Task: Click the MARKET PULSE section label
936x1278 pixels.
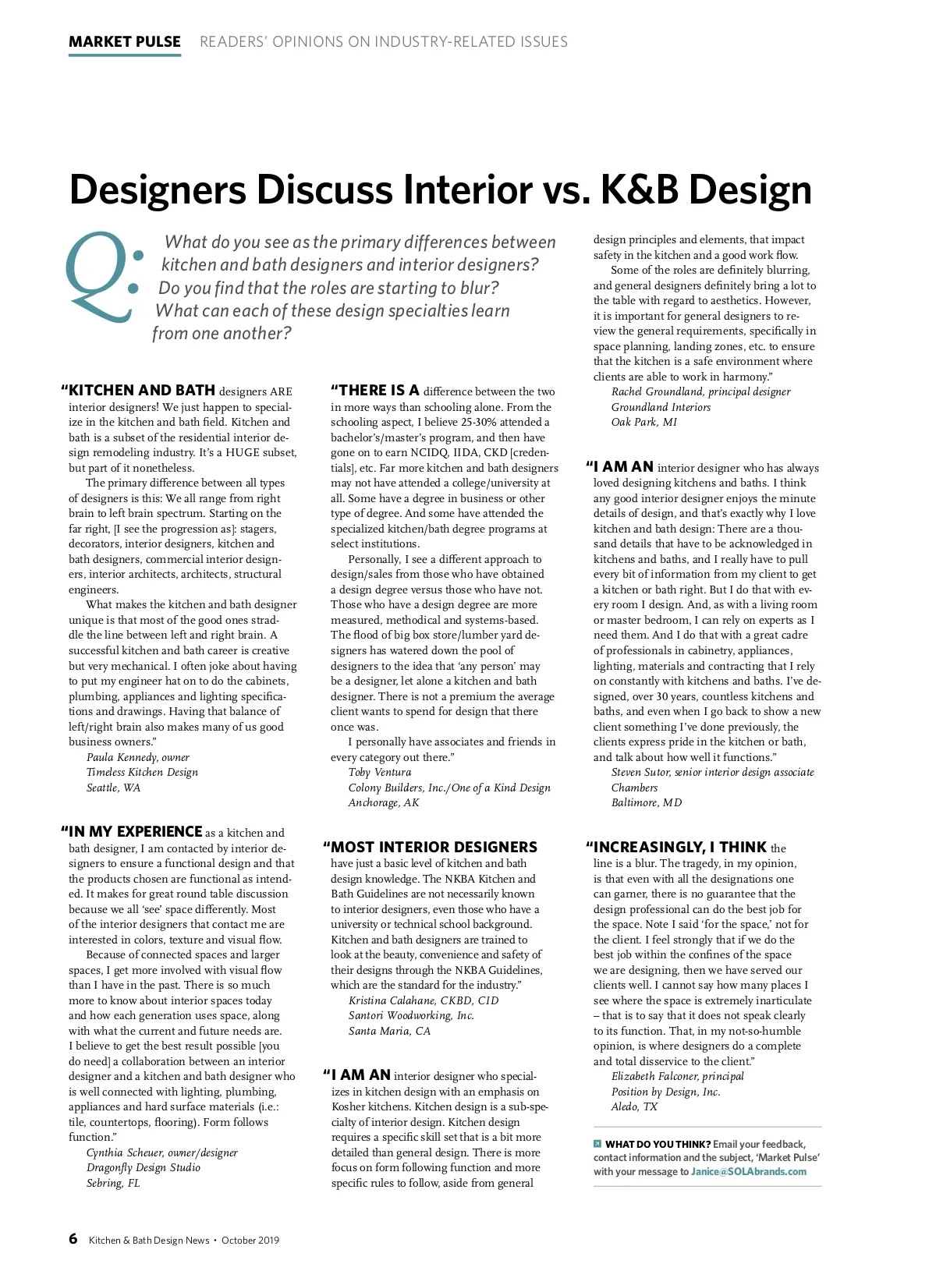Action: tap(125, 42)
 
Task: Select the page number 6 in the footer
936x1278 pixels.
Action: tap(73, 1239)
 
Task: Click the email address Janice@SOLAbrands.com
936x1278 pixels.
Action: tap(749, 1171)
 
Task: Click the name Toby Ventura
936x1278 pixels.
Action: tap(380, 772)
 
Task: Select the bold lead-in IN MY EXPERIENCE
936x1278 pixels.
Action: tap(135, 832)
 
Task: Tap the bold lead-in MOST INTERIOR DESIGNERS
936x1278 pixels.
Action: tap(434, 848)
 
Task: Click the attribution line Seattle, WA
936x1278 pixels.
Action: tap(114, 788)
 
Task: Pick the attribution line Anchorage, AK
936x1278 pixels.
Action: tap(384, 802)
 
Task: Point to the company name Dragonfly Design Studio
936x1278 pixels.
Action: tap(144, 1167)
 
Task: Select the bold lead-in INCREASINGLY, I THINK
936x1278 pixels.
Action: tap(679, 848)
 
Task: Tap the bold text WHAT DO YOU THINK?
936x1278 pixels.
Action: tap(658, 1144)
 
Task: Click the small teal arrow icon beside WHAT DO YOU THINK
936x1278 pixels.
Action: tap(597, 1144)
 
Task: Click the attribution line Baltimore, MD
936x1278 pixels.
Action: tap(647, 802)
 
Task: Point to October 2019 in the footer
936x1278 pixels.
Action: tap(250, 1240)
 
